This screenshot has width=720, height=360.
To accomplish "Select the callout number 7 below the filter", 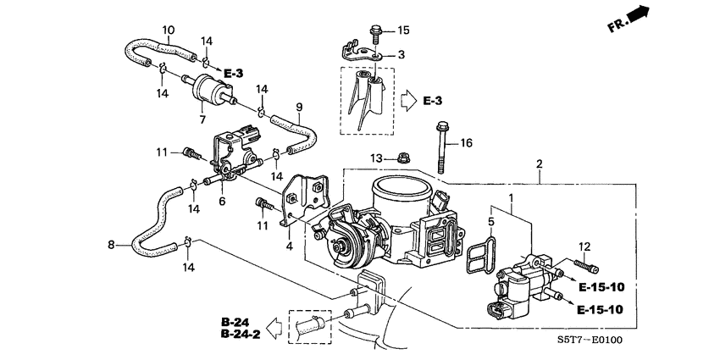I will tap(202, 119).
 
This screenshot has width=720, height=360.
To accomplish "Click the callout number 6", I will tap(222, 201).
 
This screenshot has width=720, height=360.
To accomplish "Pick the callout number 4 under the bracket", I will tap(290, 246).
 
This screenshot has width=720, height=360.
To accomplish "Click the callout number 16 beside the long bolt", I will tap(465, 144).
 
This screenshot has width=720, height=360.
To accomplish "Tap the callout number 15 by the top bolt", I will tap(403, 30).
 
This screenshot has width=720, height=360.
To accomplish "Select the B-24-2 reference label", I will tap(237, 335).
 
